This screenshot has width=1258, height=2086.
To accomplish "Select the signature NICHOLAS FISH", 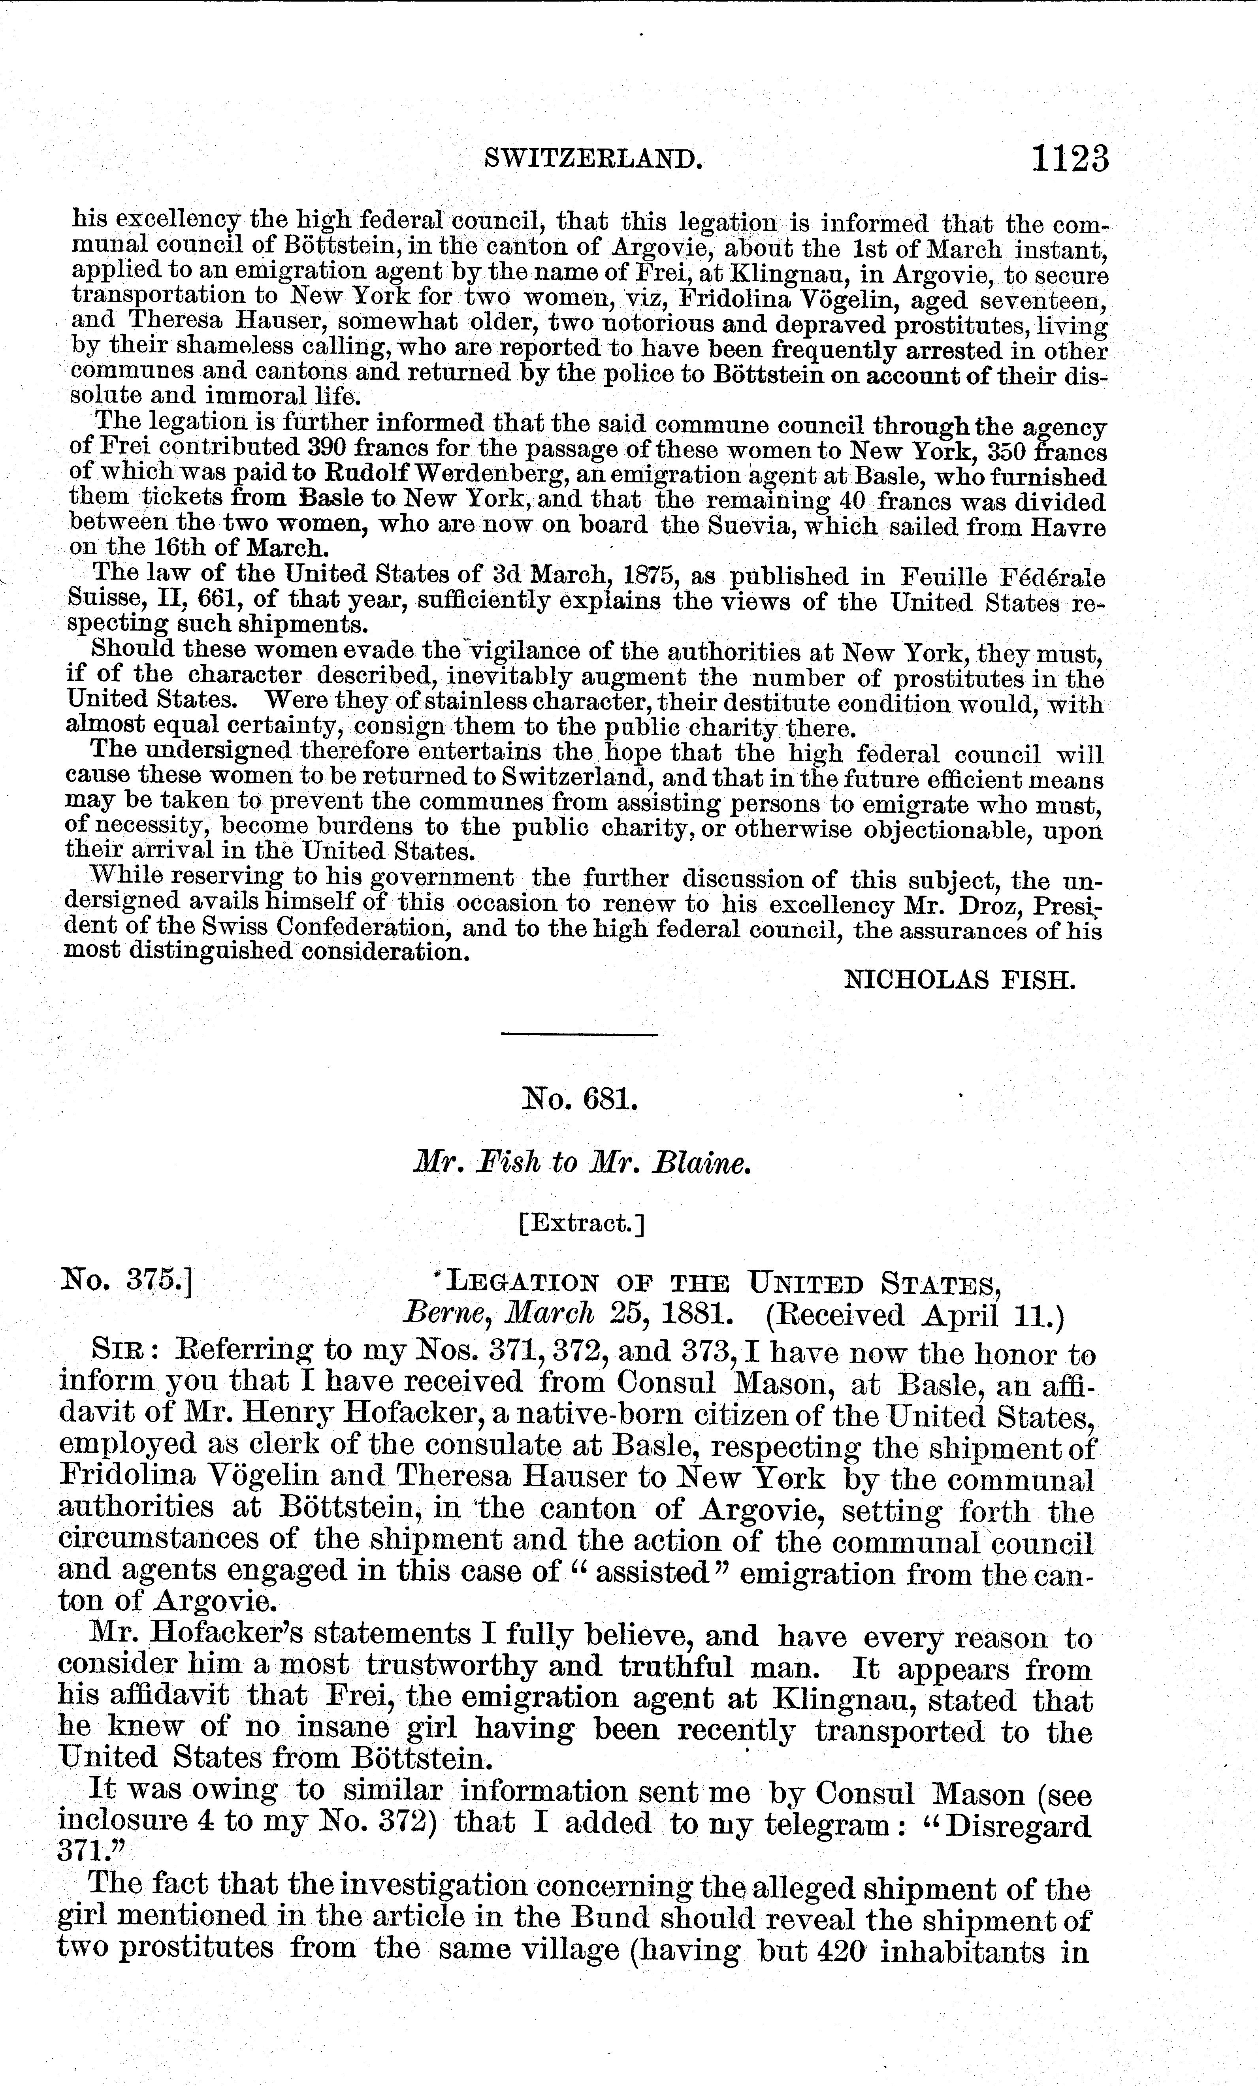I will pyautogui.click(x=960, y=981).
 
